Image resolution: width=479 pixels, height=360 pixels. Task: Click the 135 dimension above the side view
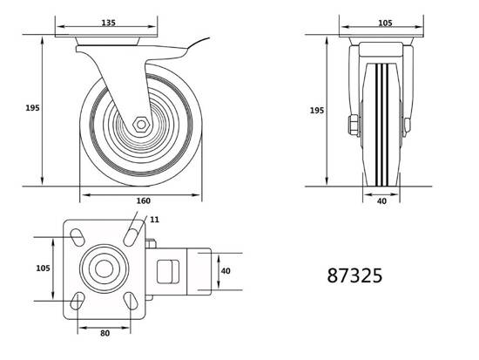pyautogui.click(x=109, y=23)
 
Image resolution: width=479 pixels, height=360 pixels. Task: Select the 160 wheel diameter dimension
pyautogui.click(x=144, y=200)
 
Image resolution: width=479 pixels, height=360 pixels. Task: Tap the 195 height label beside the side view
pyautogui.click(x=32, y=108)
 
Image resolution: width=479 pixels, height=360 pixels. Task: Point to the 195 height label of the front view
pyautogui.click(x=317, y=111)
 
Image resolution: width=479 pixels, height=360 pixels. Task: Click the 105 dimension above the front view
pyautogui.click(x=385, y=23)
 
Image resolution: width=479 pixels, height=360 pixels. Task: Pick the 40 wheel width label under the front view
pyautogui.click(x=381, y=201)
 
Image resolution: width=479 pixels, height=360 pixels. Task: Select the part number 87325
pyautogui.click(x=354, y=275)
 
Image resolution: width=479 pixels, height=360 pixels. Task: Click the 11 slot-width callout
pyautogui.click(x=154, y=220)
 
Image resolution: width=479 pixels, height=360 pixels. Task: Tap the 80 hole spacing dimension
pyautogui.click(x=105, y=333)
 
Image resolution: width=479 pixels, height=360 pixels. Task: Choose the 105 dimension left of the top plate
pyautogui.click(x=43, y=268)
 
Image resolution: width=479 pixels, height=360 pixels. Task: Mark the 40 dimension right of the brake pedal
pyautogui.click(x=226, y=271)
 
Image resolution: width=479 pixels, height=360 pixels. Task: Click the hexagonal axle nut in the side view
pyautogui.click(x=141, y=125)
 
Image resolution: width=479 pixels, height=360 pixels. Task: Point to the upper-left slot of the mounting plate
pyautogui.click(x=78, y=237)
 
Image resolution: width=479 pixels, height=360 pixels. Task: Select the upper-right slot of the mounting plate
pyautogui.click(x=131, y=237)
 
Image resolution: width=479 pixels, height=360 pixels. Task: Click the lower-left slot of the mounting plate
pyautogui.click(x=78, y=301)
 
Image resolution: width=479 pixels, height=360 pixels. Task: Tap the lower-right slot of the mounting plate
pyautogui.click(x=131, y=301)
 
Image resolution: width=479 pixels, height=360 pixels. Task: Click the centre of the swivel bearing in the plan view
pyautogui.click(x=104, y=268)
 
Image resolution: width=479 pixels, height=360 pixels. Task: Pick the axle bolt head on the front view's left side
pyautogui.click(x=354, y=125)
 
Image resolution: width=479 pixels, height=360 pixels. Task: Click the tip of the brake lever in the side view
pyautogui.click(x=209, y=38)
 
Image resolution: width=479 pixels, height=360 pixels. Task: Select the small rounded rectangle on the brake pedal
pyautogui.click(x=168, y=272)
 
